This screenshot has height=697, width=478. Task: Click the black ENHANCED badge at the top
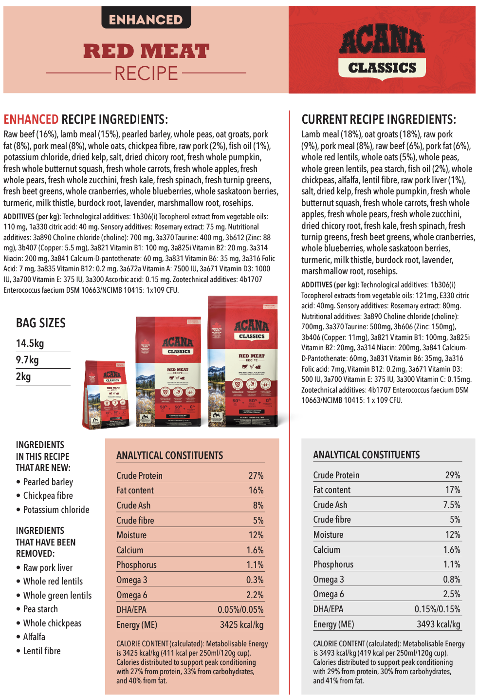tap(146, 19)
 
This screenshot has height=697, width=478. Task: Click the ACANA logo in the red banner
tap(382, 41)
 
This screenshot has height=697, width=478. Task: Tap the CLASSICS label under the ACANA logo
tap(382, 68)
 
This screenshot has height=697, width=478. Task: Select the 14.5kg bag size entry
tap(30, 343)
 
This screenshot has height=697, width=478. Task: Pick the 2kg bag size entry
tap(23, 377)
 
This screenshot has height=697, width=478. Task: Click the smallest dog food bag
tap(107, 395)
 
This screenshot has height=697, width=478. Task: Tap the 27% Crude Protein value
tap(256, 476)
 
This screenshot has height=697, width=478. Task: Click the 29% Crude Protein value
tap(452, 475)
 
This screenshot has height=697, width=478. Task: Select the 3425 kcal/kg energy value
tap(241, 625)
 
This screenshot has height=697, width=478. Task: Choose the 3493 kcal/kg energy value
tap(438, 624)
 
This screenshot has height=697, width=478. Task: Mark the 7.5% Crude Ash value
tap(451, 505)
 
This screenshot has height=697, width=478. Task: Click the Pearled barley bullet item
tap(48, 482)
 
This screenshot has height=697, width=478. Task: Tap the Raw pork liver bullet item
tap(48, 568)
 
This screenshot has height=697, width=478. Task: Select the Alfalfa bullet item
tap(34, 637)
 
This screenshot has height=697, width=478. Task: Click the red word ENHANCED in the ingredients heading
tap(31, 120)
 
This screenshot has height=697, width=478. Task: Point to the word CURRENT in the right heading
tap(324, 120)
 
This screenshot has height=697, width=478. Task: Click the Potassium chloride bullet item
tap(56, 510)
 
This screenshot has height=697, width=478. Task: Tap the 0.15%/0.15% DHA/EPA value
tap(437, 609)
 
